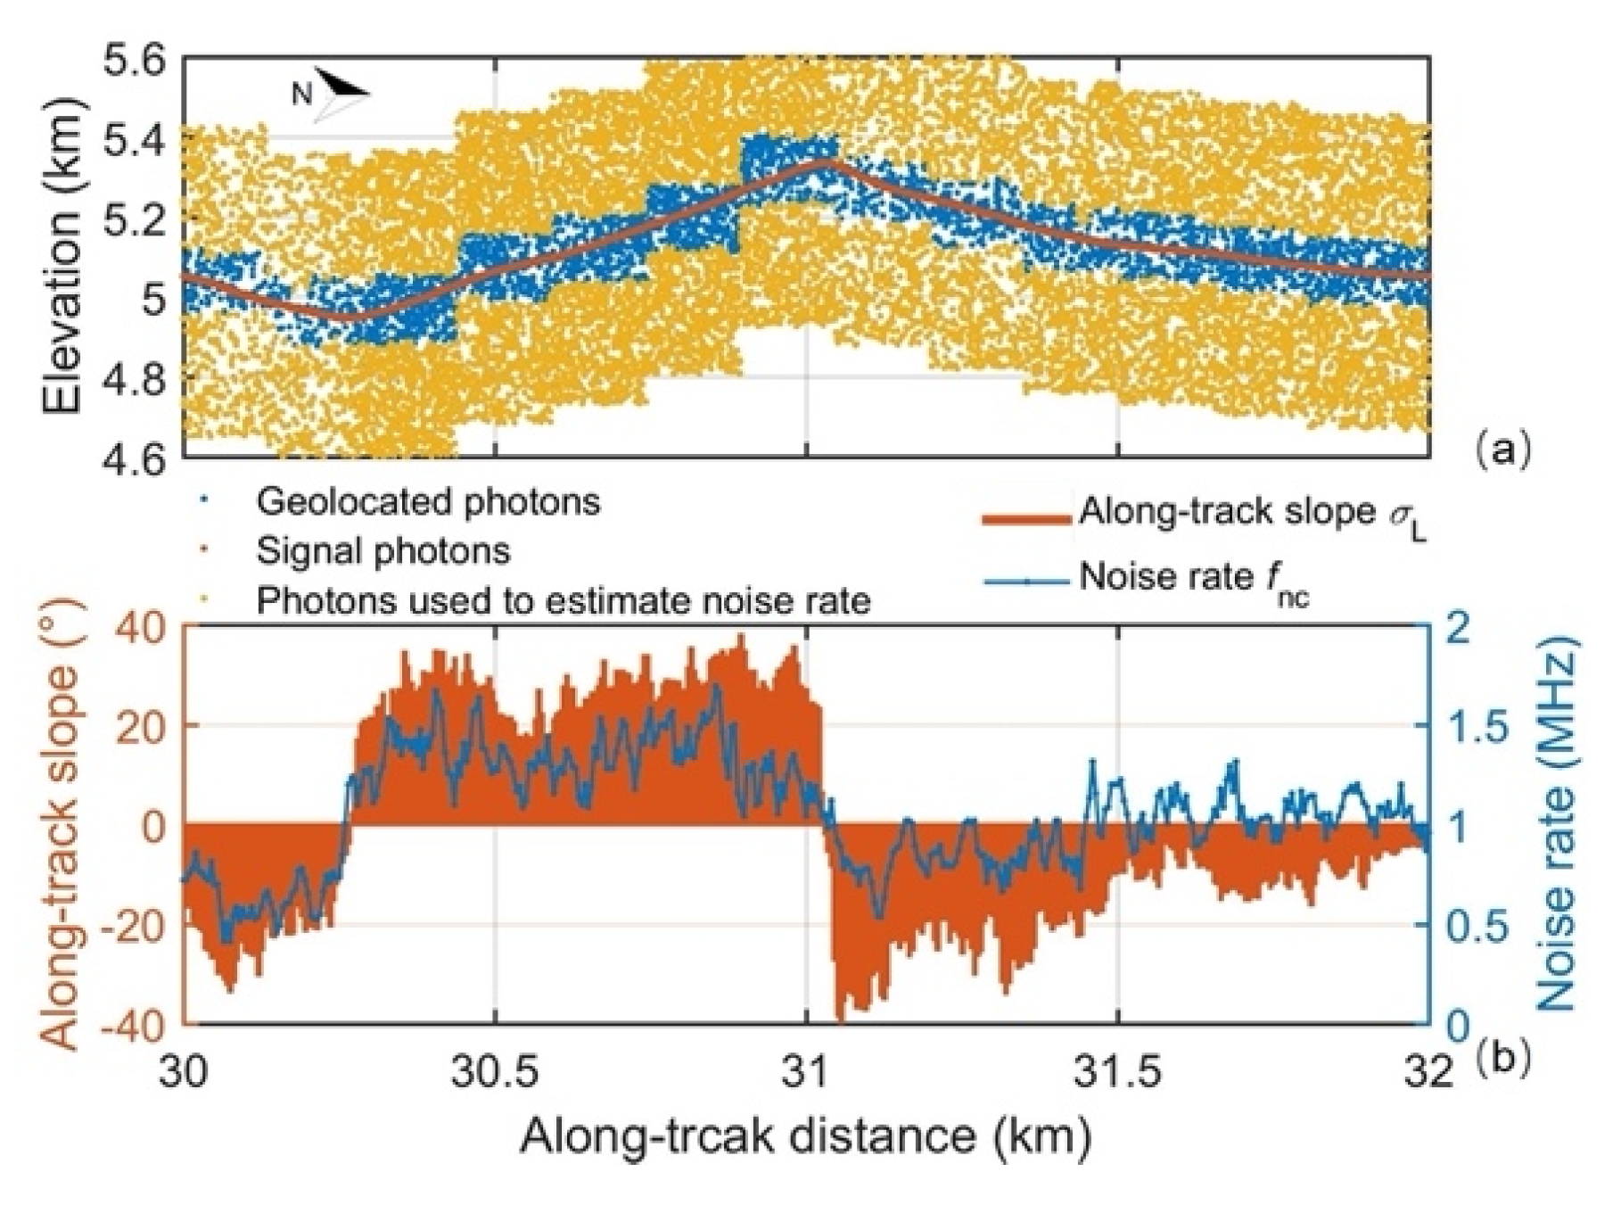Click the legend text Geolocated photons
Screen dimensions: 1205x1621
[428, 502]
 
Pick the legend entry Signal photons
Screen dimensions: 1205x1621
[383, 551]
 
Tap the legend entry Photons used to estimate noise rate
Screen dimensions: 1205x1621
[563, 601]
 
